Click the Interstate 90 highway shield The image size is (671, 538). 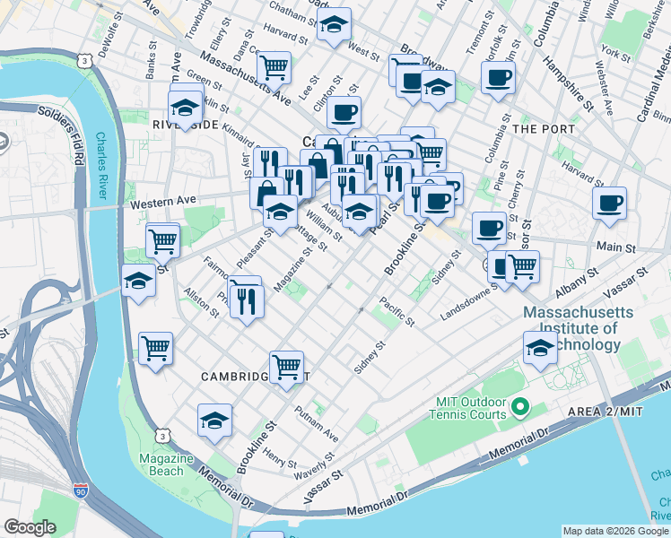pos(81,491)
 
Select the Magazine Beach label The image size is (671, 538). pos(166,464)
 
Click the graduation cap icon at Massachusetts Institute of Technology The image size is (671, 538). pos(540,348)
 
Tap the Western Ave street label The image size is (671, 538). pos(162,204)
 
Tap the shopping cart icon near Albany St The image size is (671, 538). pos(521,265)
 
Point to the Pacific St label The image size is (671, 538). pos(396,311)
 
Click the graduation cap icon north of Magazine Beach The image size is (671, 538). pos(215,421)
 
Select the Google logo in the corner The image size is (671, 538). pos(30,527)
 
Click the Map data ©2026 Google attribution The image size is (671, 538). pos(614,531)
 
